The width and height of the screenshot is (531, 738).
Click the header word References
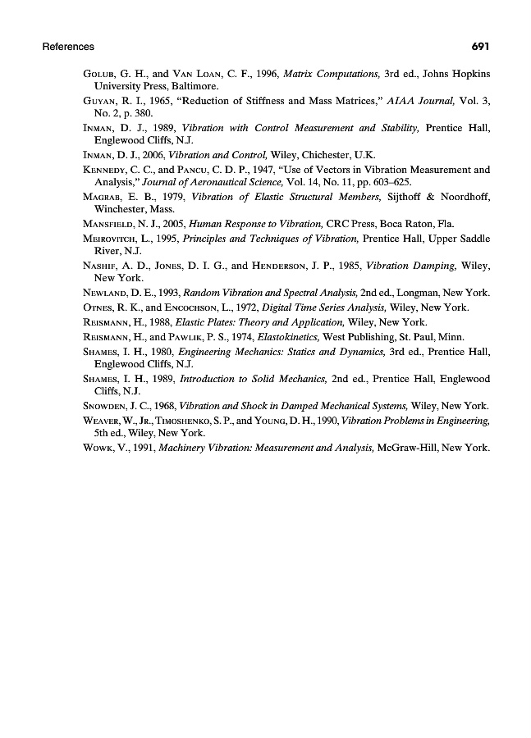click(x=68, y=47)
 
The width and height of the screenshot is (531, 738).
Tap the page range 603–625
click(x=392, y=182)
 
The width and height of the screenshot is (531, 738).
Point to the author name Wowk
click(x=98, y=448)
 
